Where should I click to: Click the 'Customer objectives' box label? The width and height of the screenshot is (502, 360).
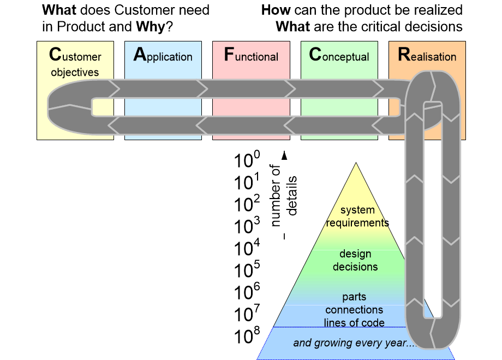coord(75,63)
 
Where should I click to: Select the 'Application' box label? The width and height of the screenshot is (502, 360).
coord(163,56)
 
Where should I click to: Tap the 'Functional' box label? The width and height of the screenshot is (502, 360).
coord(251,56)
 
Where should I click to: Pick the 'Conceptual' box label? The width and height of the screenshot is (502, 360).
coord(339,56)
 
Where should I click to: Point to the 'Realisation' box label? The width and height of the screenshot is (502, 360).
coord(427,56)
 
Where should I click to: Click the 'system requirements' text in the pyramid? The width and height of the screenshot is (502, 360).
coord(357,217)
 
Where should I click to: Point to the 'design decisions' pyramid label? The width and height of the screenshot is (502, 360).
coord(355,260)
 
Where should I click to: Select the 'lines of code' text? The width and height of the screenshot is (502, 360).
coord(354,322)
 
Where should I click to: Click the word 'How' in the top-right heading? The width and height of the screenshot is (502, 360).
coord(275,10)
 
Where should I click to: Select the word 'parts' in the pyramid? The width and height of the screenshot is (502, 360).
coord(354,297)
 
